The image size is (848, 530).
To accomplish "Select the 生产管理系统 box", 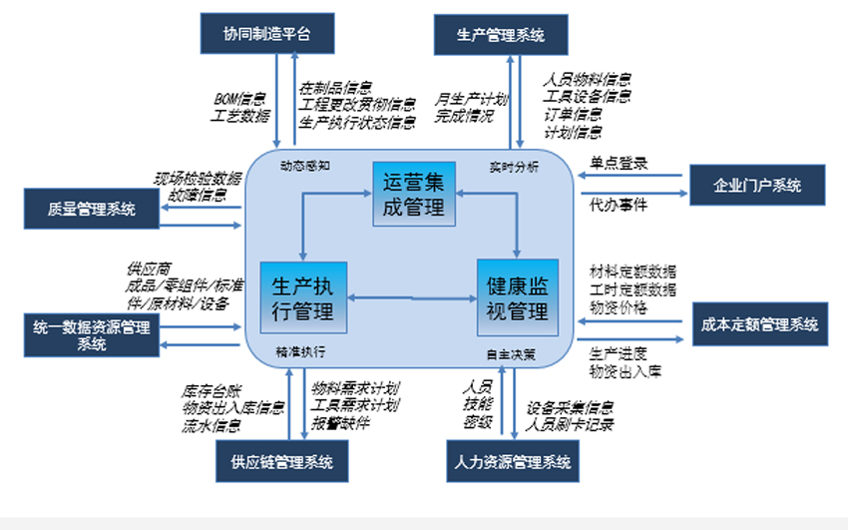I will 501,35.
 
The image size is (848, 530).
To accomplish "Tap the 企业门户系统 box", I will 758,185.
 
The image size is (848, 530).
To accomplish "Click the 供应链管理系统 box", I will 282,462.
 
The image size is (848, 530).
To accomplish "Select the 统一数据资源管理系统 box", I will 91,333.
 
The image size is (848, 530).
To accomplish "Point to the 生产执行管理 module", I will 303,296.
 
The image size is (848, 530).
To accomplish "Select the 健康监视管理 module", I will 517,296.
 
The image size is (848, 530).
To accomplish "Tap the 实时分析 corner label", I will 514,168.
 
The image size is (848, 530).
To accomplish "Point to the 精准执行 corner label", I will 300,351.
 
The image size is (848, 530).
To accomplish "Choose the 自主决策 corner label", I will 511,353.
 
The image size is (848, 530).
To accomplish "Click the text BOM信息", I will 240,99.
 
